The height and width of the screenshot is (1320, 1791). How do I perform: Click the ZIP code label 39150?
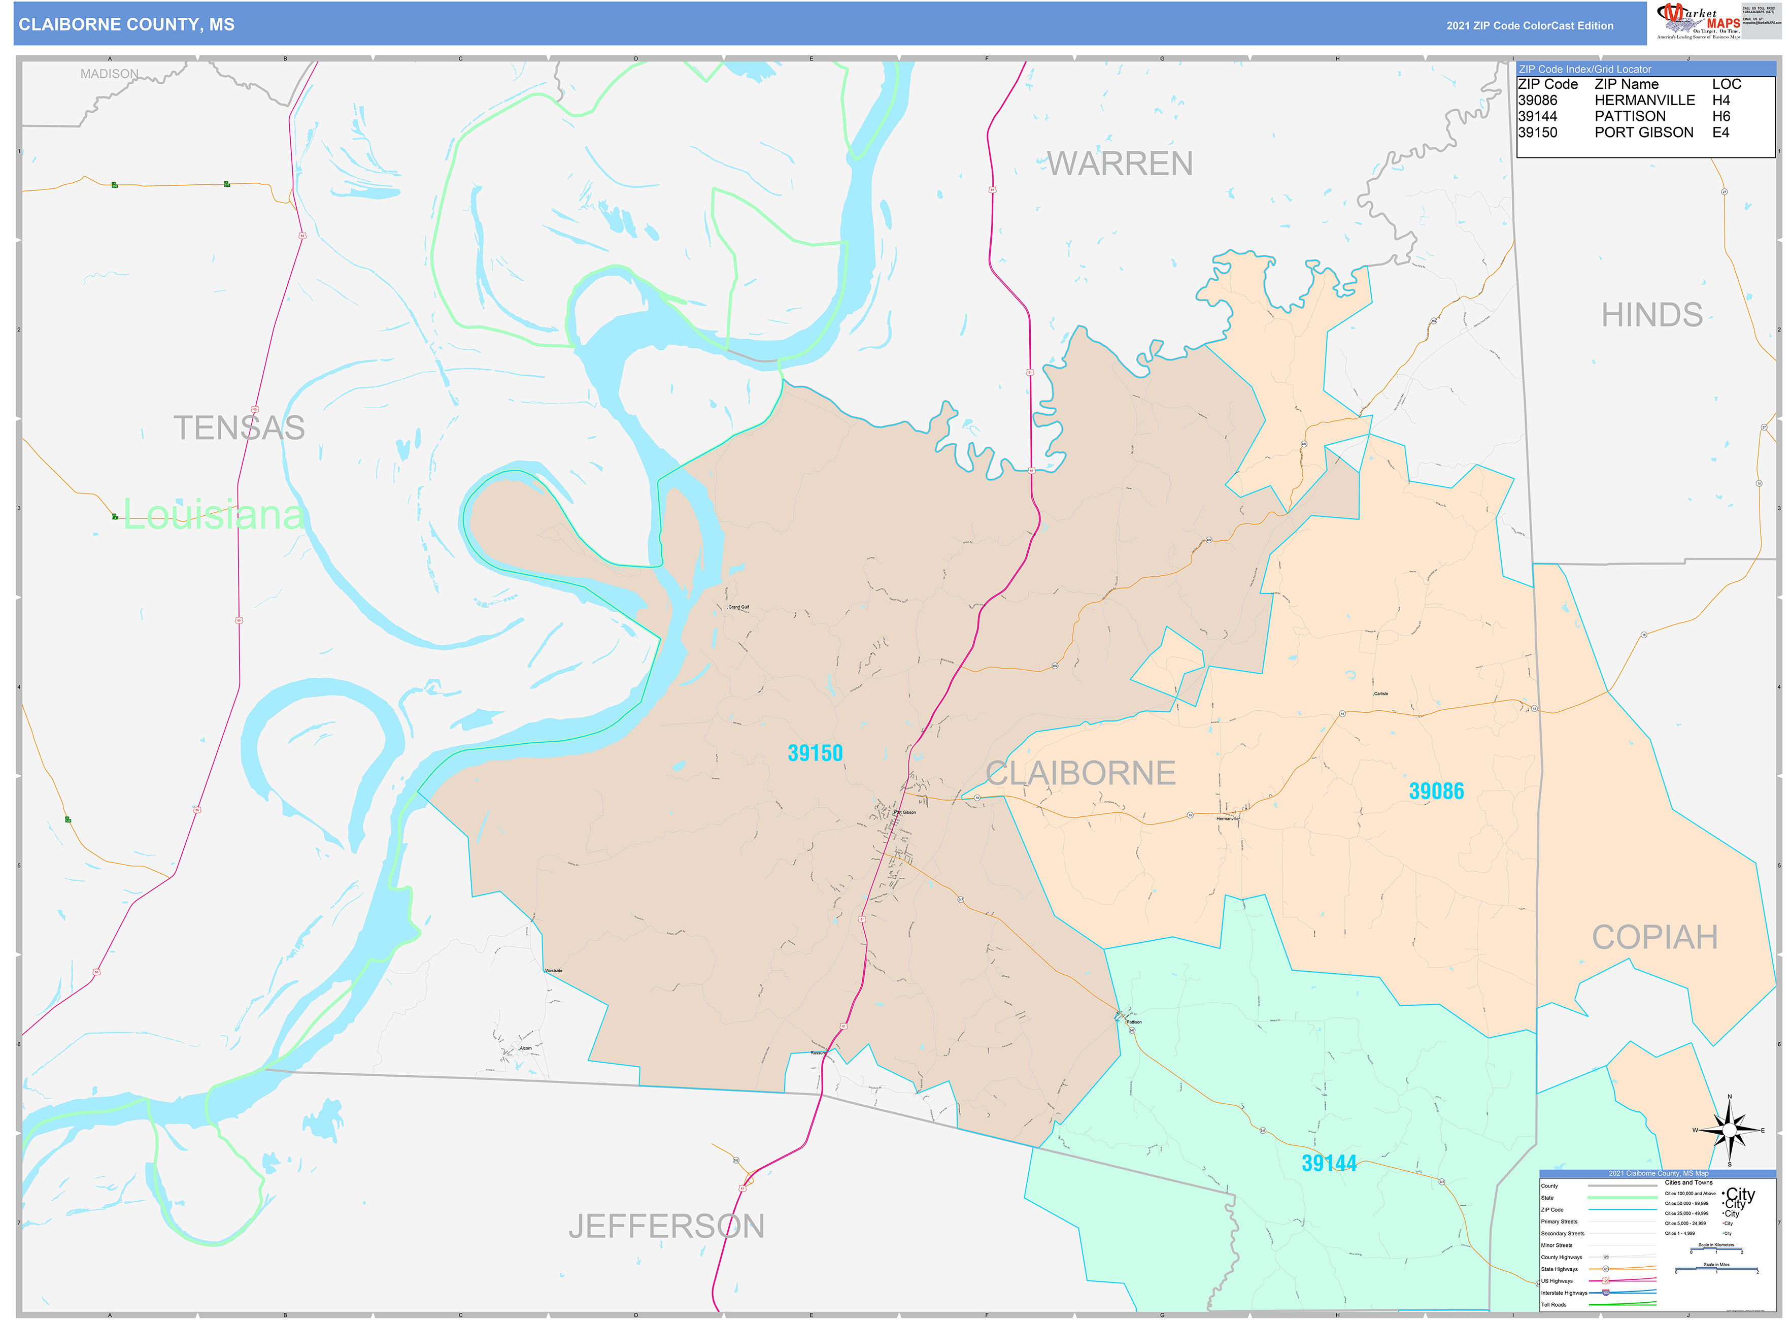815,753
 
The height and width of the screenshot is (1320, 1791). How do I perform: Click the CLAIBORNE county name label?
1080,773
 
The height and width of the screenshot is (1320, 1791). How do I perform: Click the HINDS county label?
1651,315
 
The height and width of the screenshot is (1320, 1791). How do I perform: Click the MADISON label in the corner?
110,74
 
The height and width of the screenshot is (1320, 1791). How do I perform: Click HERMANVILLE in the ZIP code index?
1644,101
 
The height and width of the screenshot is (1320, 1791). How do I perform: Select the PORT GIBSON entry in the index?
1643,133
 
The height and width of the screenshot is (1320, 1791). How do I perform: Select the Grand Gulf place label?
739,607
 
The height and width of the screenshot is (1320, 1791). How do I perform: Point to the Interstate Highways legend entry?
1563,1293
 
